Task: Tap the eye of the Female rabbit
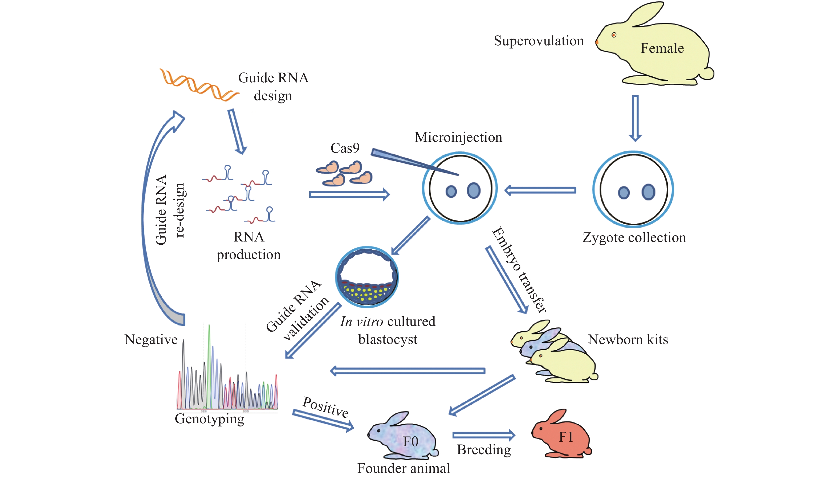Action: click(614, 35)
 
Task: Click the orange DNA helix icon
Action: click(198, 85)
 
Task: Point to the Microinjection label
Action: click(458, 137)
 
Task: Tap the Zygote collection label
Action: click(634, 238)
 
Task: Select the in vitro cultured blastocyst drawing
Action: click(367, 277)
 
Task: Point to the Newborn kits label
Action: click(628, 340)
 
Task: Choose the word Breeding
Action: click(484, 450)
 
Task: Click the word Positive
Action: click(325, 407)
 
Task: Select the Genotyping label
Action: click(209, 419)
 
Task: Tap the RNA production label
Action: click(249, 246)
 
